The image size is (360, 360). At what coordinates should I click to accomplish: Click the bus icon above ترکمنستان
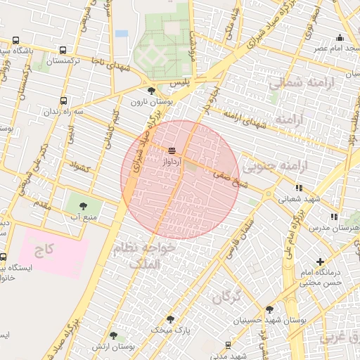[64, 51]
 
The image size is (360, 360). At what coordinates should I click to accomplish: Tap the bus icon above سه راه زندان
[64, 101]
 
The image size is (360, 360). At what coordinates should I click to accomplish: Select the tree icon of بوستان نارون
[151, 91]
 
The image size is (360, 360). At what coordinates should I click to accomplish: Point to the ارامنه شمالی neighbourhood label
[295, 84]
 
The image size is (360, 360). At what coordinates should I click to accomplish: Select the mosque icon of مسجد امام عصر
[340, 37]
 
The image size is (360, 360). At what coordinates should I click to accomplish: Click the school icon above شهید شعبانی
[300, 188]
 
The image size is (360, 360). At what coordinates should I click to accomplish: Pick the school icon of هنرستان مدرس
[334, 217]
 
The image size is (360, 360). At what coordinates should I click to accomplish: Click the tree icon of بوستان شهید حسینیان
[269, 309]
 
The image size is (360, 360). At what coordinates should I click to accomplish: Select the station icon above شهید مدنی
[227, 345]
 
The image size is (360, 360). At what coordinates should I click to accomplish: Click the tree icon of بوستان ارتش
[113, 335]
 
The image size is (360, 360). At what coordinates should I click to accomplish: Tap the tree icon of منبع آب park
[84, 205]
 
